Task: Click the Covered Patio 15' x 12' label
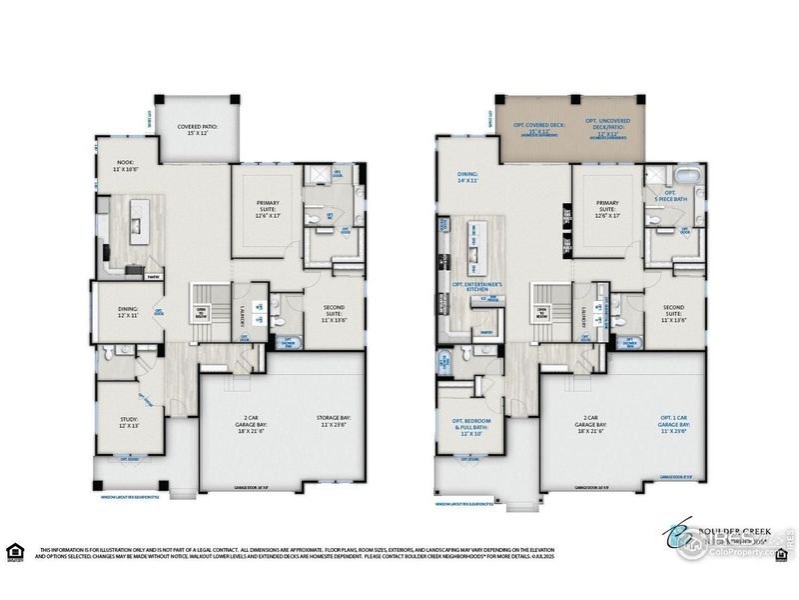pos(198,130)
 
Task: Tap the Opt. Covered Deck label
pos(539,128)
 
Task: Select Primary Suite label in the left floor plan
pos(264,209)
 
